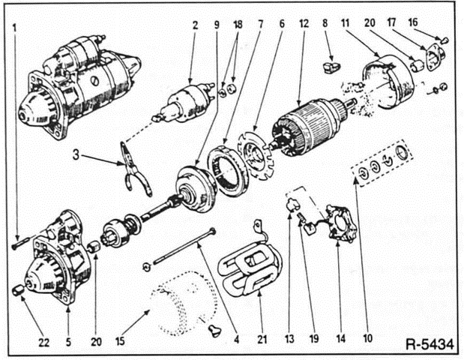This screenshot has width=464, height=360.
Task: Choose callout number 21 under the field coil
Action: (260, 323)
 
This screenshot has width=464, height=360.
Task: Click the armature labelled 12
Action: (306, 128)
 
